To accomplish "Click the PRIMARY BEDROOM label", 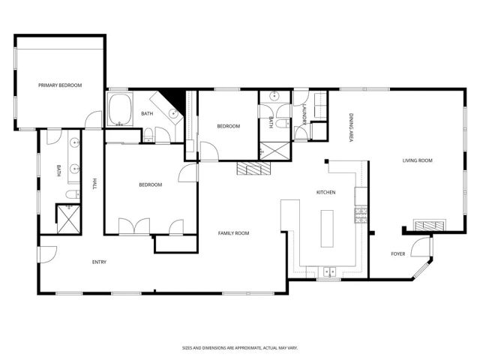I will coord(60,85).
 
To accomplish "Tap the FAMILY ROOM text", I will coord(233,233).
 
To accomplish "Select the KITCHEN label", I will coord(325,193).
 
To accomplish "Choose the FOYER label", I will coord(398,253).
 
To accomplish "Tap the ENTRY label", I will coord(99,262).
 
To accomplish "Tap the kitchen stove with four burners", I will coord(361,214).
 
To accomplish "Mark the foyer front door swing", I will coord(424,247).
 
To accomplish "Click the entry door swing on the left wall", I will coord(46,255).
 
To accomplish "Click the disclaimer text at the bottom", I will coord(239,347).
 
